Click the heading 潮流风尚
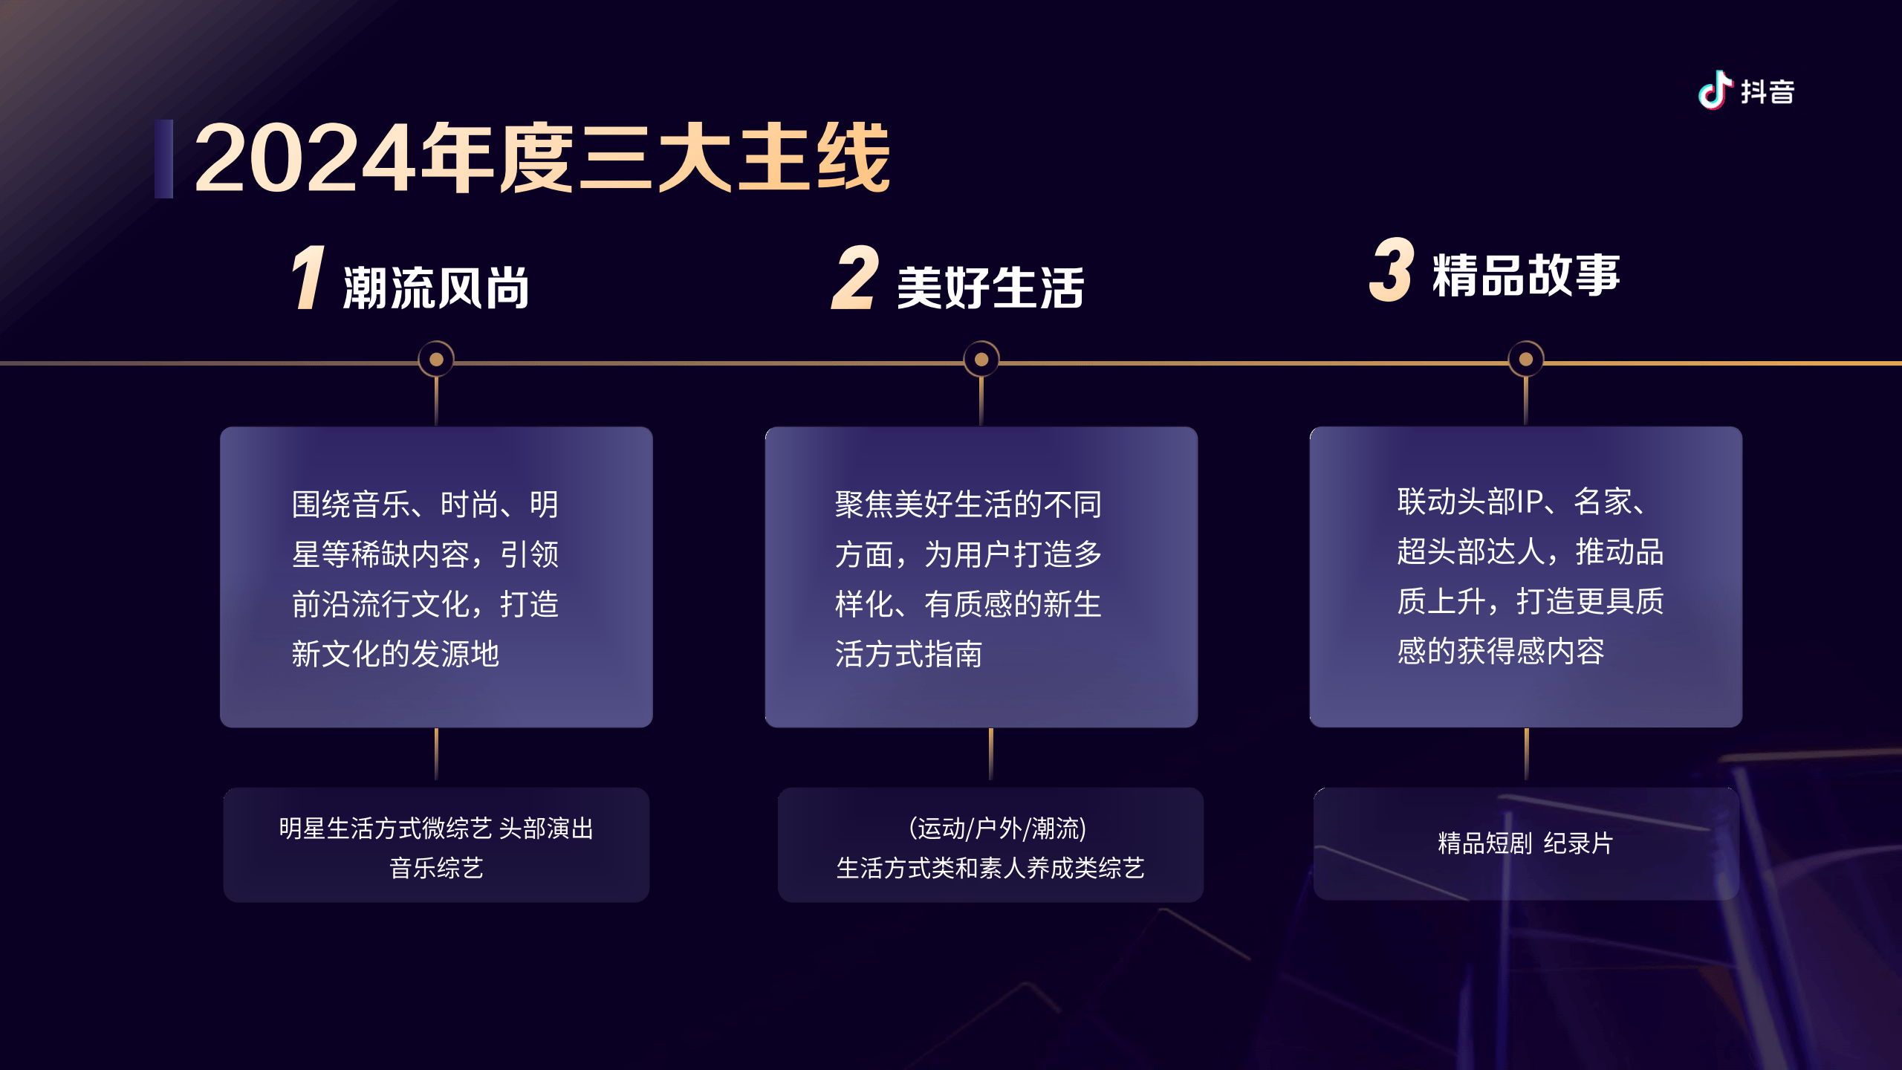[x=436, y=288]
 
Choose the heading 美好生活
[x=990, y=288]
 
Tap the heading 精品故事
[x=1526, y=275]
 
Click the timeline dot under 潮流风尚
[x=436, y=360]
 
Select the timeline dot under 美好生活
[x=981, y=360]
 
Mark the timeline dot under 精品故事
[x=1526, y=360]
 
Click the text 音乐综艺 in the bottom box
[x=436, y=868]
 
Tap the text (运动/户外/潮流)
[x=998, y=828]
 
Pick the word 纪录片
[x=1578, y=843]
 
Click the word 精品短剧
[x=1485, y=843]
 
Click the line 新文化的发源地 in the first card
[x=395, y=654]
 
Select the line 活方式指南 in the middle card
[x=909, y=654]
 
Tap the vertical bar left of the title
[x=163, y=159]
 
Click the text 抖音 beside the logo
[x=1768, y=92]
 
